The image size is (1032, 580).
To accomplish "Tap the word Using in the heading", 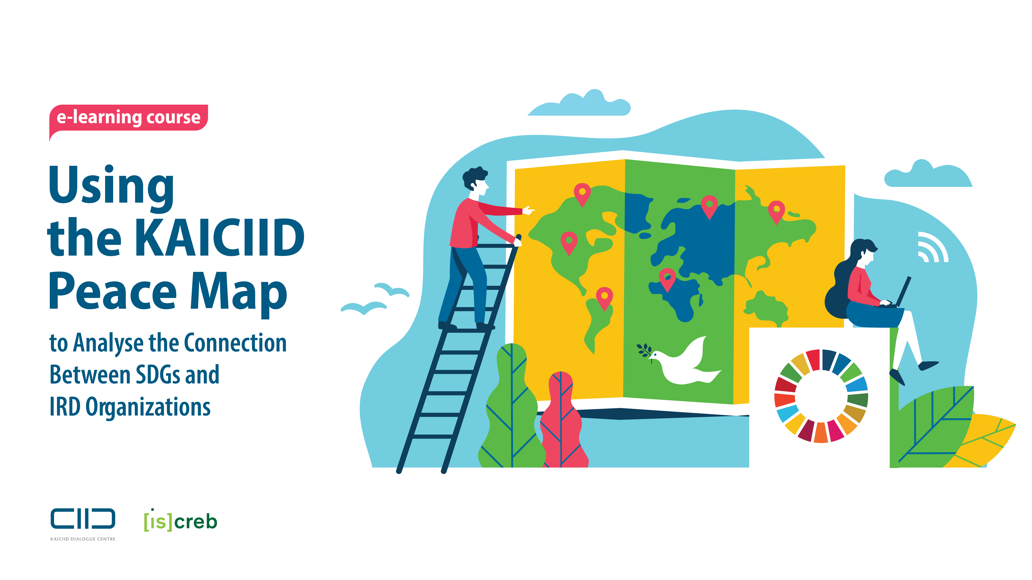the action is (x=111, y=186).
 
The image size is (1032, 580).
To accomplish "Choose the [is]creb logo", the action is (x=180, y=520).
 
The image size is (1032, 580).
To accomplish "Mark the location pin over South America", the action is (x=604, y=298).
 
